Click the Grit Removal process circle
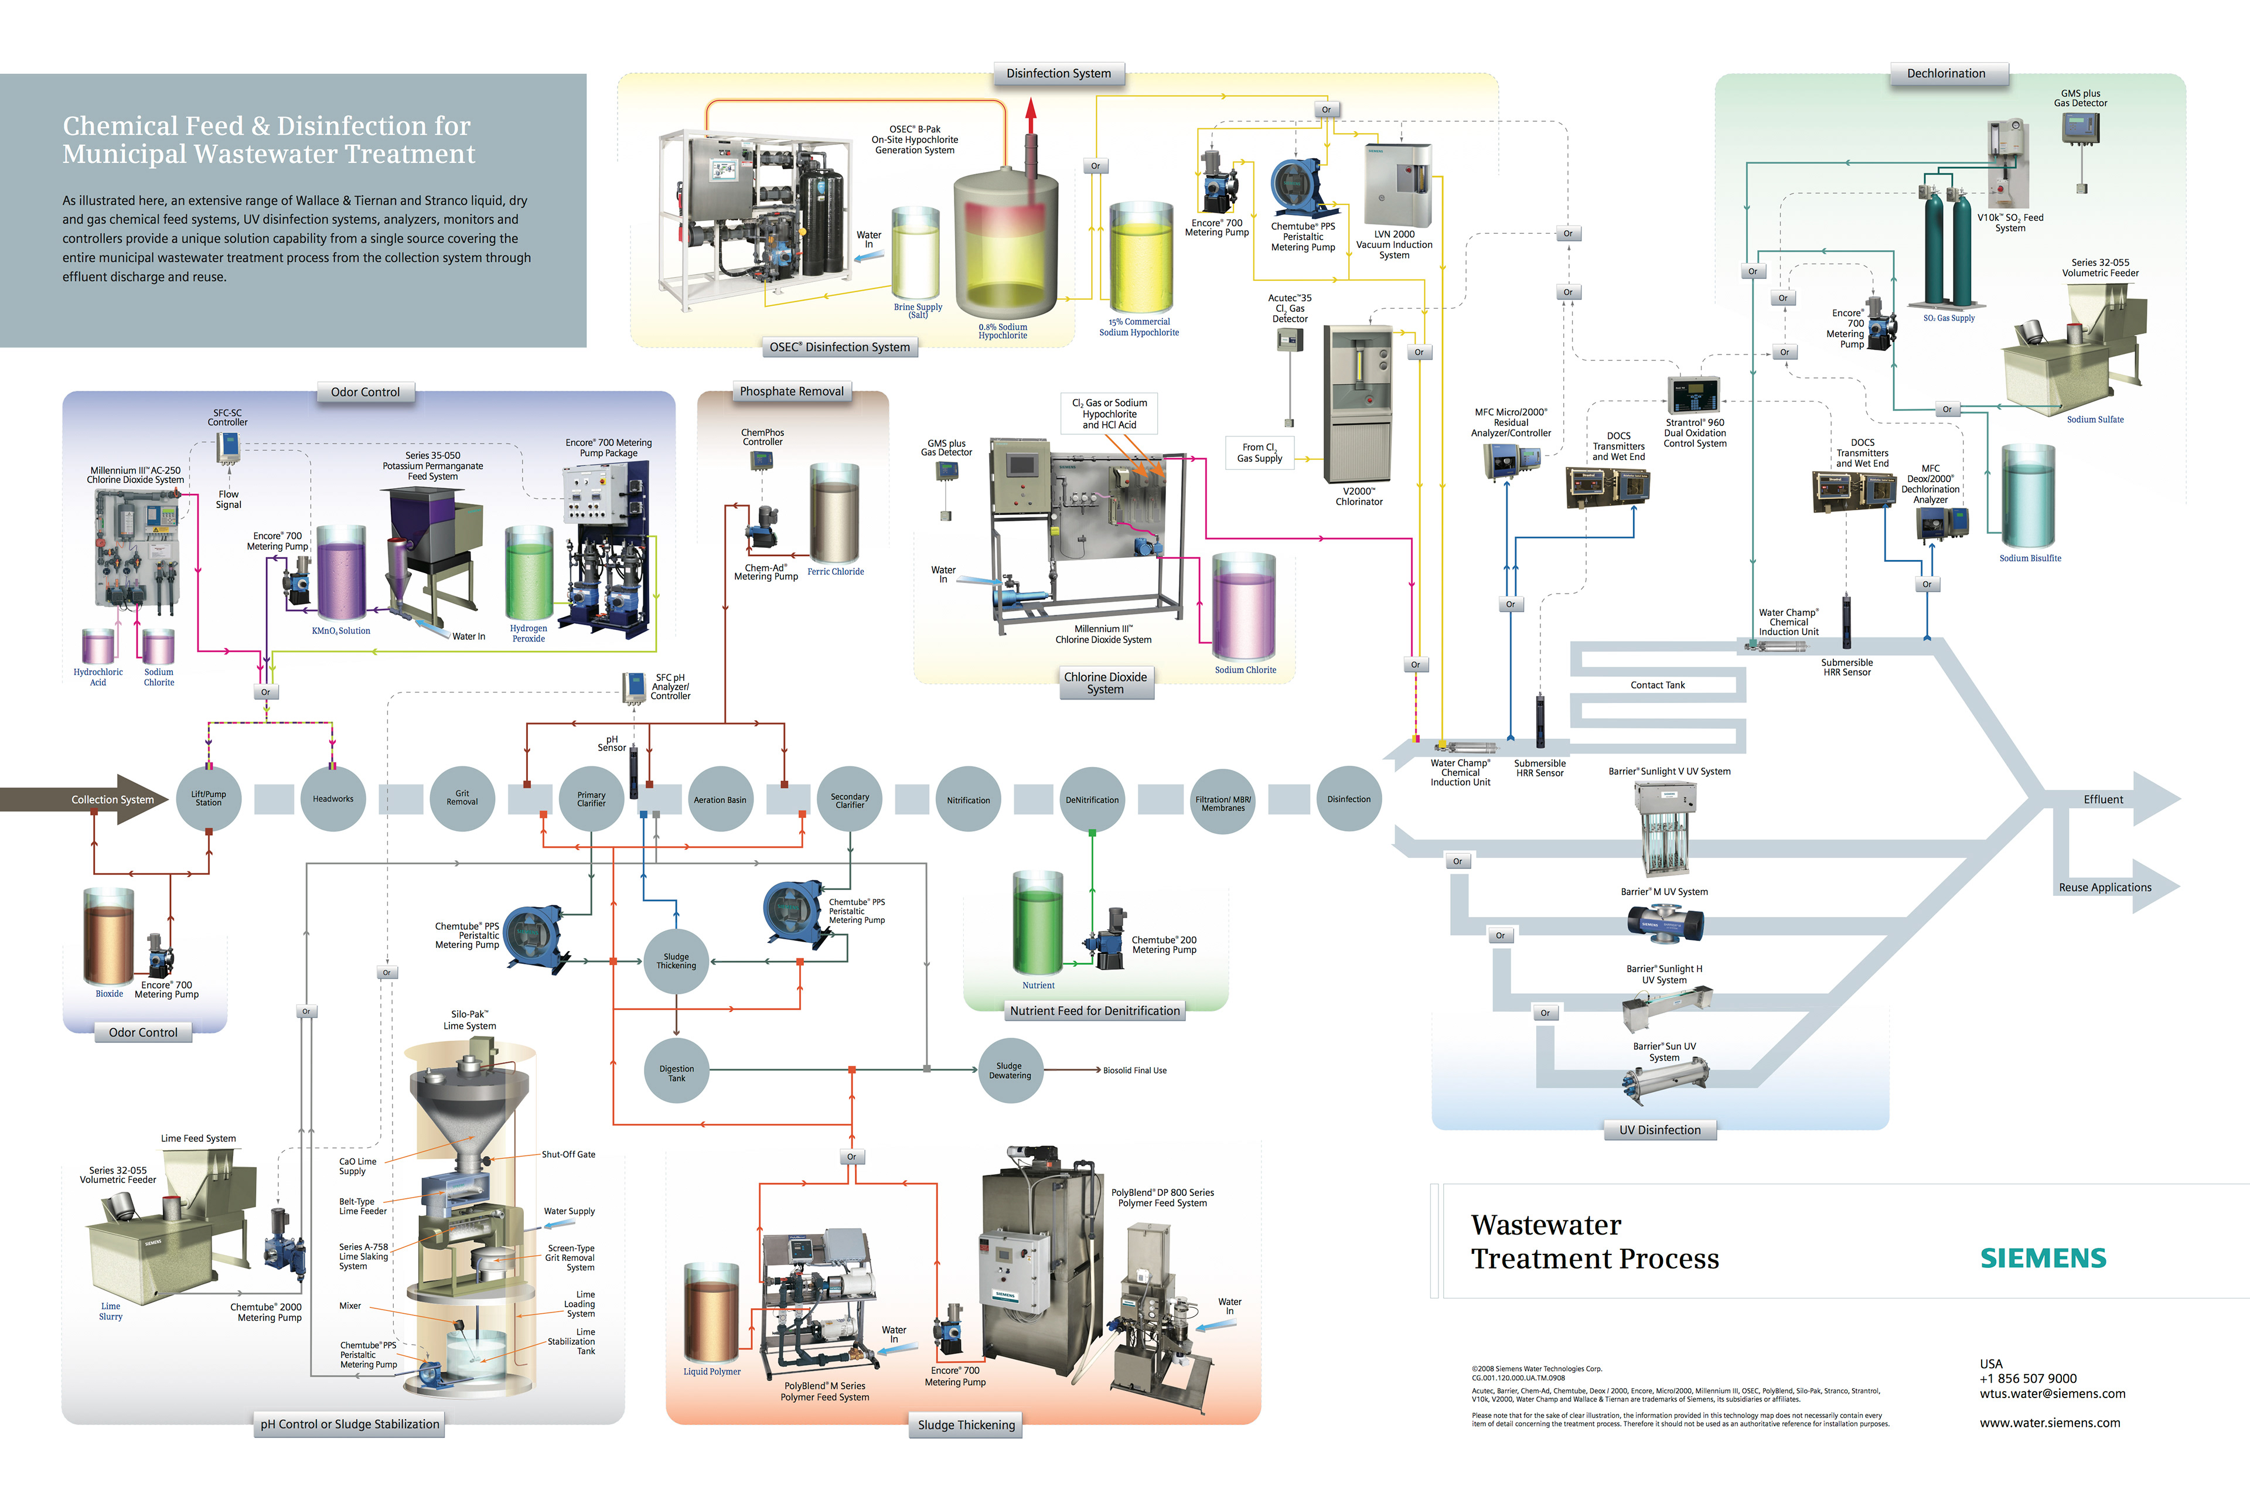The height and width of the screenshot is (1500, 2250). [462, 799]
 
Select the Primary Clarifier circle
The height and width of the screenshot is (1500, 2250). [591, 799]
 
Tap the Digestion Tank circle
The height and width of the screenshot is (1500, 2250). [676, 1072]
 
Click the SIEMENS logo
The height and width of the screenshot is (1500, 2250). [2043, 1258]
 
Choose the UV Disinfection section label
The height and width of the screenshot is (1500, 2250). [1660, 1130]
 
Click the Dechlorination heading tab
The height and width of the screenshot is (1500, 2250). [1946, 74]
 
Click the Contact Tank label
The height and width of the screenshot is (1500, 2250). [1658, 685]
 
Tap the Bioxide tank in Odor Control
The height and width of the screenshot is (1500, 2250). [108, 937]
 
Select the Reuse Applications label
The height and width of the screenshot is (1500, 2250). [2105, 888]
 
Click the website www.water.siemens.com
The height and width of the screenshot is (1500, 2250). [2049, 1423]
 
